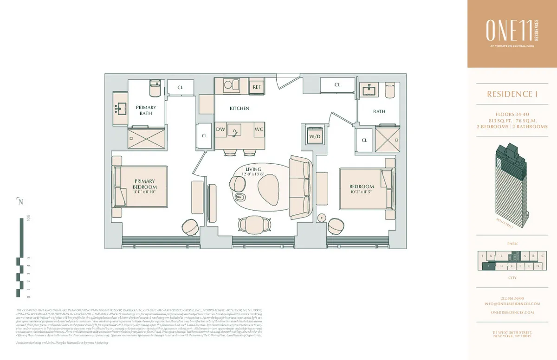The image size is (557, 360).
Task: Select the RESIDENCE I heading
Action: [512, 94]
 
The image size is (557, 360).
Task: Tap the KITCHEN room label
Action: [240, 108]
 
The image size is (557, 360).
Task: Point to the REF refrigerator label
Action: [257, 87]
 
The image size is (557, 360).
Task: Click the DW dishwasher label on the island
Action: [221, 129]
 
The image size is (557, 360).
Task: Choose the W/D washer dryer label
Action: [315, 136]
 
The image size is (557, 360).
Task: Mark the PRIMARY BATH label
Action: [146, 110]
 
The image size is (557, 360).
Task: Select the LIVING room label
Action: [253, 169]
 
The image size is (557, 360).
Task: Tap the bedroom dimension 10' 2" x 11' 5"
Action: [361, 191]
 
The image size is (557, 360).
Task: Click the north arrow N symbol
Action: [20, 201]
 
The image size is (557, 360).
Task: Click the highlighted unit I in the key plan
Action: [489, 266]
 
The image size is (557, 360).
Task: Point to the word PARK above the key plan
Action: [512, 244]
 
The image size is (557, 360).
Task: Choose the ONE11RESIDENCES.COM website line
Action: [512, 312]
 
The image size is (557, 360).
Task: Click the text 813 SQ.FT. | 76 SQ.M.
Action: [512, 120]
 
